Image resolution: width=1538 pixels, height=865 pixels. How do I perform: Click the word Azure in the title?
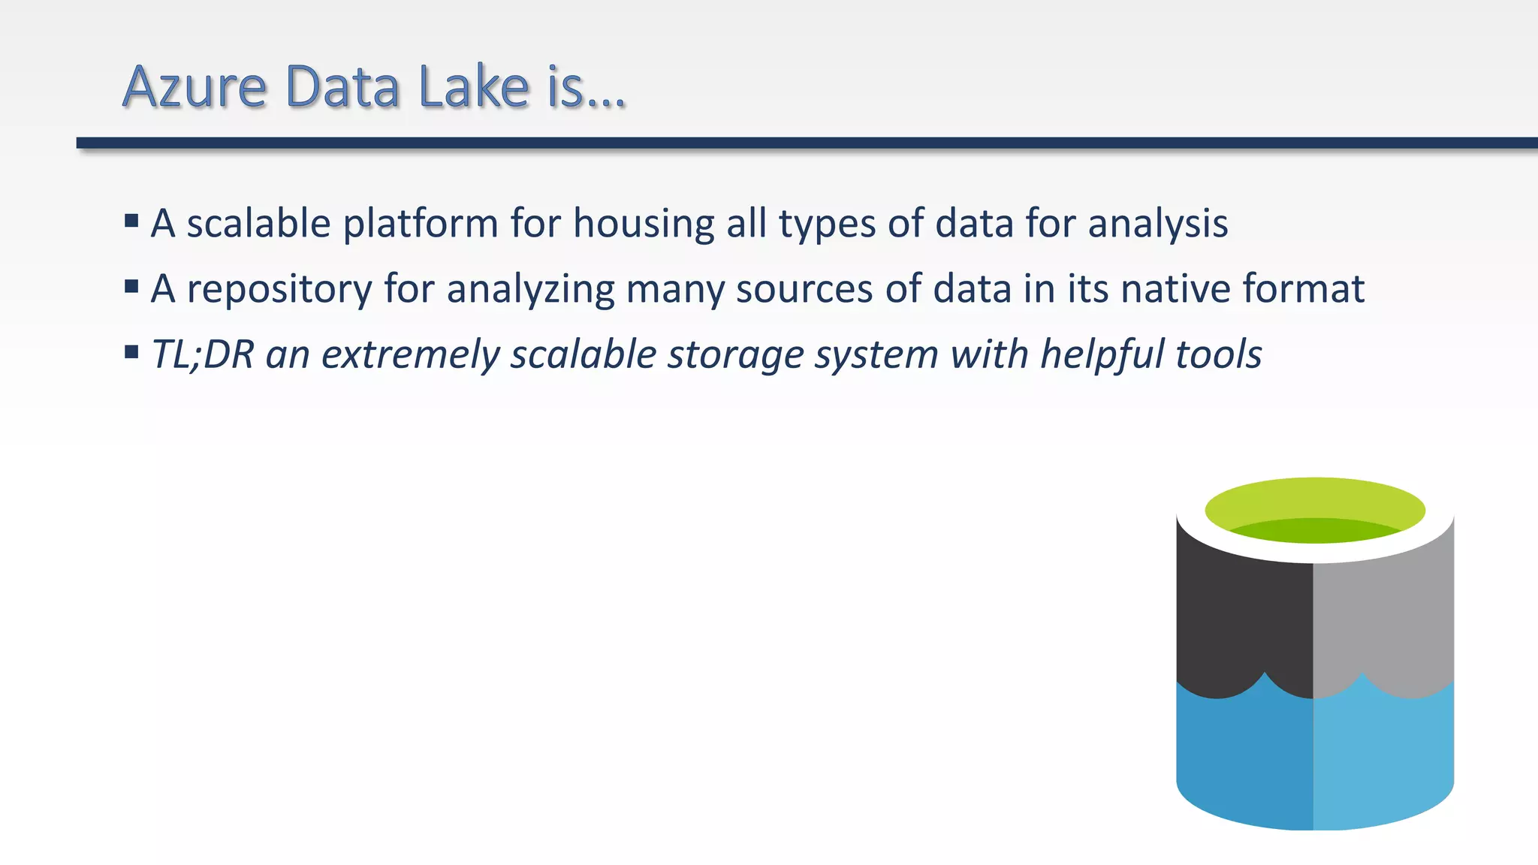tap(194, 87)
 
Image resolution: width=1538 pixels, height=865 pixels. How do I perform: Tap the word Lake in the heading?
tap(474, 87)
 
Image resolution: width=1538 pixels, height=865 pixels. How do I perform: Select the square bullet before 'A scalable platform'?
tap(131, 221)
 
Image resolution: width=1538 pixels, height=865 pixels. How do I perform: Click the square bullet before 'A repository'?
tap(131, 286)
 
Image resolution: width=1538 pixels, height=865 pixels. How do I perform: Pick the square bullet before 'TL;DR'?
tap(131, 351)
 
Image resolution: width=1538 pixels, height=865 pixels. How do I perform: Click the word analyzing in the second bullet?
tap(530, 290)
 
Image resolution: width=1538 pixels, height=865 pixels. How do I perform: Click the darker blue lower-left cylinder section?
tap(1243, 758)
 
